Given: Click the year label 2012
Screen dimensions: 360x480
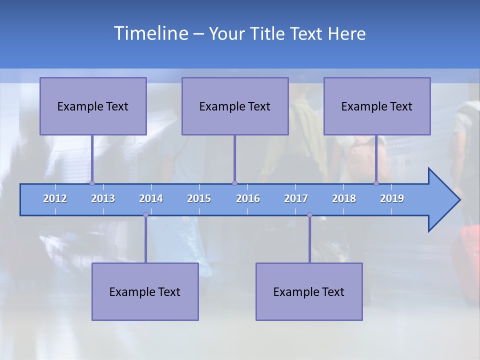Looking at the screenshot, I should (55, 198).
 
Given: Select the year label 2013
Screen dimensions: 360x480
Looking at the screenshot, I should (103, 198).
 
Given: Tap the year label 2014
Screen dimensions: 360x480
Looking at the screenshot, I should (151, 198).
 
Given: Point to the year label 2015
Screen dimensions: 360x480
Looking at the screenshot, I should (199, 198).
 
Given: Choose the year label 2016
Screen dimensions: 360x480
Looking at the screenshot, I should (248, 198).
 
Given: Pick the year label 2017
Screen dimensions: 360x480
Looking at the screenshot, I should (296, 198).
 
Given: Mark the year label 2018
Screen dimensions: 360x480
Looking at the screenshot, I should (344, 198).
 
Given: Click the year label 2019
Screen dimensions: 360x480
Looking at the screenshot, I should (392, 198).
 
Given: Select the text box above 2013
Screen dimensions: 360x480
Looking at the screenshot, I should (93, 106).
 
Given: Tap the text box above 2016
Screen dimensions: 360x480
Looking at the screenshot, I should (235, 106).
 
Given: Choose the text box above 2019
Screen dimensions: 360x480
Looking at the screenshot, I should (377, 106).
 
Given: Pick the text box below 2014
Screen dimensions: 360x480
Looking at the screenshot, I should (145, 291).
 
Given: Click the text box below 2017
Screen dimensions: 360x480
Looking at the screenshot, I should (309, 291).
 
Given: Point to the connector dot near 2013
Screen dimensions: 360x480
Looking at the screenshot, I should (92, 183).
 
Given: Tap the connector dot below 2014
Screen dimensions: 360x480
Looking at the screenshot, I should (145, 215).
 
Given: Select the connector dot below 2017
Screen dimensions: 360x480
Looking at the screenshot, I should (309, 215).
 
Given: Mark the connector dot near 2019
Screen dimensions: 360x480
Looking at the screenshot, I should (376, 183).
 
